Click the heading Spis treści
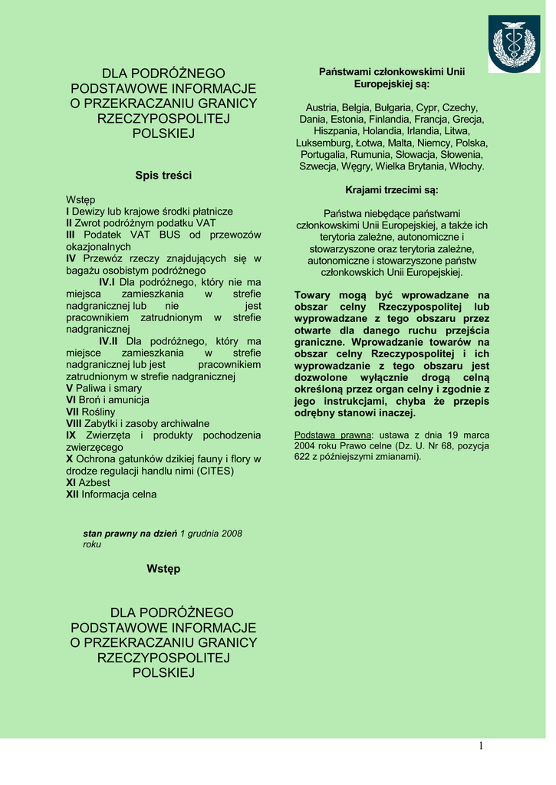tap(163, 176)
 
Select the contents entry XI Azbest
tap(88, 482)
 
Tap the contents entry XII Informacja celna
tap(111, 494)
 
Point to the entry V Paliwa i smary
tap(104, 388)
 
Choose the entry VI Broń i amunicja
tap(107, 399)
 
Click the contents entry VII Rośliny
tap(90, 412)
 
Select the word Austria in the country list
tap(323, 107)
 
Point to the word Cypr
tap(423, 107)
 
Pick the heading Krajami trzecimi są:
tap(392, 189)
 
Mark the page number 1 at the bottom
tap(481, 747)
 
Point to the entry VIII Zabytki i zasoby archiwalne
tap(137, 423)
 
